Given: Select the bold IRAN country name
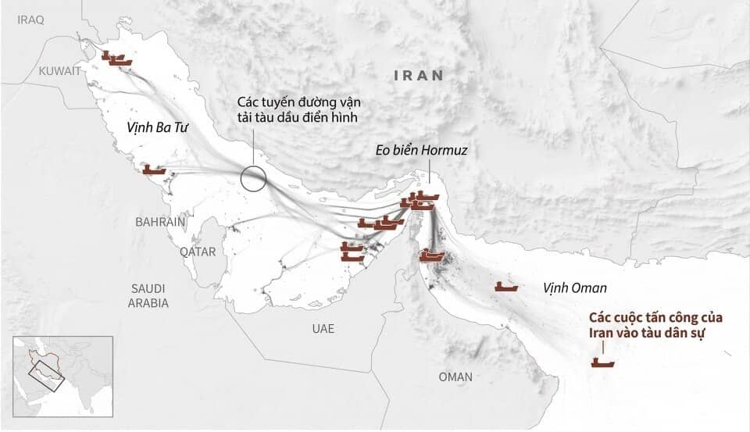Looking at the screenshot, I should point(419,76).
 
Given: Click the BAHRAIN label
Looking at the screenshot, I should point(160,222).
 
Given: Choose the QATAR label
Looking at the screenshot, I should point(197,252).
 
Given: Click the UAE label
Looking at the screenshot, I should point(323,329).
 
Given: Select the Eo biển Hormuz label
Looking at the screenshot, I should point(423,150).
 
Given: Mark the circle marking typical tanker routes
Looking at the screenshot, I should point(253,179).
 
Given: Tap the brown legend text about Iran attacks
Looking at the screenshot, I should point(656,327).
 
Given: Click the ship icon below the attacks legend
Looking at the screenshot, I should point(602,362).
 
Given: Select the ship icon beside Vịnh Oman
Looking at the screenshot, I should point(506,287).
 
